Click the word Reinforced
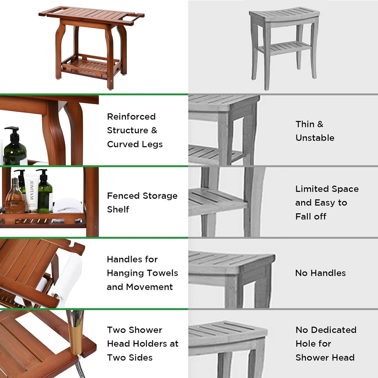click(x=131, y=117)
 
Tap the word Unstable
click(x=315, y=138)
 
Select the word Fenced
click(x=123, y=196)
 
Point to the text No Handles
click(x=321, y=273)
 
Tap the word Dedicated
click(x=334, y=330)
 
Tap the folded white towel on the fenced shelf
click(x=68, y=206)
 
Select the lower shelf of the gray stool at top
click(x=285, y=47)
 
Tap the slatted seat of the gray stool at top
click(x=285, y=14)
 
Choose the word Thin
click(x=305, y=124)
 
